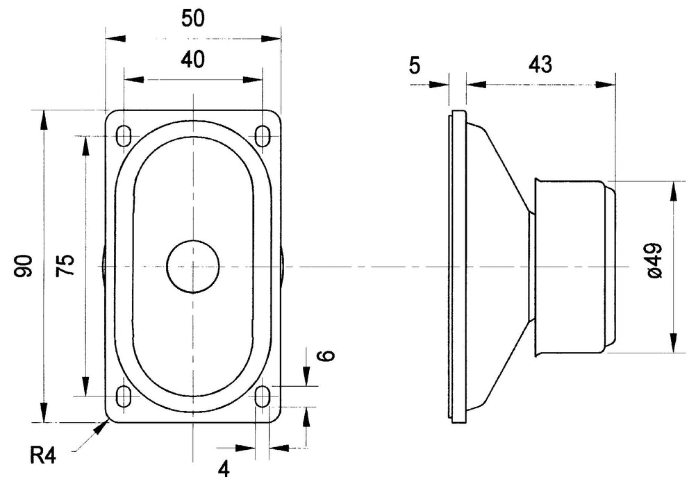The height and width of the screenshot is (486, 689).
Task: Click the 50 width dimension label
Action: click(x=193, y=19)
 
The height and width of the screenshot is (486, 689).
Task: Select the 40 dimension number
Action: click(x=192, y=60)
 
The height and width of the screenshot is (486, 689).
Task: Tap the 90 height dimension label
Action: click(x=25, y=266)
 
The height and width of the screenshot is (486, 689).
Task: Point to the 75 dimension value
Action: click(x=65, y=266)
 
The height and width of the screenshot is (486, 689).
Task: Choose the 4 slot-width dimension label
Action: click(x=223, y=469)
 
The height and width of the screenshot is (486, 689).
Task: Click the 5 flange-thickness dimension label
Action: click(x=415, y=66)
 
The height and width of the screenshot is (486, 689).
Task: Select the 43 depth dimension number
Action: click(x=540, y=65)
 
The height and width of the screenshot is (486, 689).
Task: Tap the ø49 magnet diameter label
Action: click(x=654, y=262)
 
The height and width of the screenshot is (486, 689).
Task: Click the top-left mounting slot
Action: click(x=124, y=135)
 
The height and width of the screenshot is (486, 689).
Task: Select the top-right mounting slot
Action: click(x=263, y=135)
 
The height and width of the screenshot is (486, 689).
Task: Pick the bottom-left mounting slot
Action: click(x=124, y=396)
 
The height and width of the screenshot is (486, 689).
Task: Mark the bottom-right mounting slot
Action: click(x=263, y=396)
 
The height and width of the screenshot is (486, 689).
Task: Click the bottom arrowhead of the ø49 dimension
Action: click(x=673, y=344)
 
